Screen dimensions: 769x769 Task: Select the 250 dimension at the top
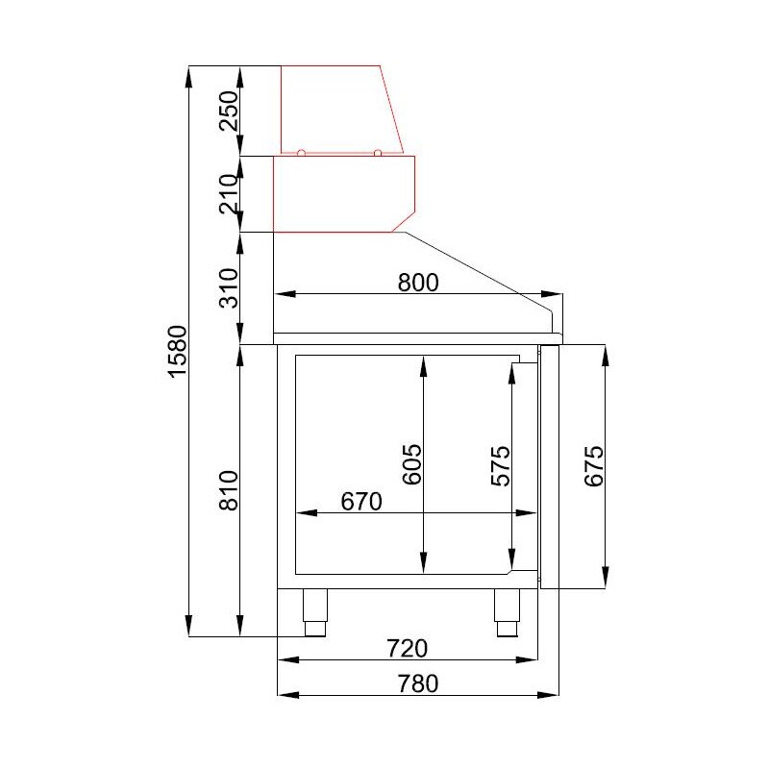[229, 111]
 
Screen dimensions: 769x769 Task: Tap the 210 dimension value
[229, 194]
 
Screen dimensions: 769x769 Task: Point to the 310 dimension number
[229, 287]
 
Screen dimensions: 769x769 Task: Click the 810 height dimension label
[229, 490]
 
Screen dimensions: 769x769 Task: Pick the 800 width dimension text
[418, 283]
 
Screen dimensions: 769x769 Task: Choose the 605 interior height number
[412, 464]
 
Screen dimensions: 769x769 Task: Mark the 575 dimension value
[501, 466]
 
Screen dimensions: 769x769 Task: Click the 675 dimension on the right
[594, 466]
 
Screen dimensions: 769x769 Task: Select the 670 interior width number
[361, 502]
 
